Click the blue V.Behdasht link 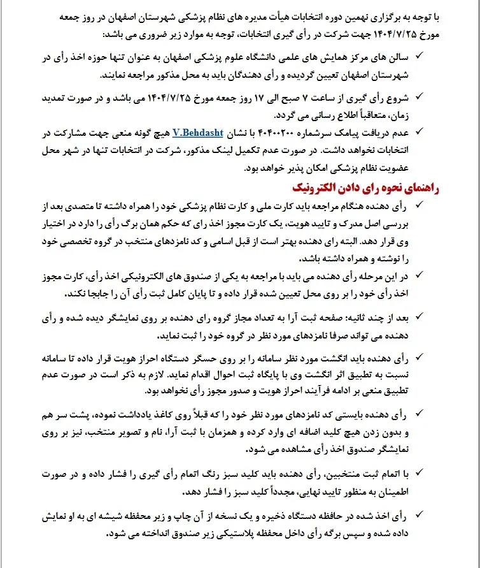pyautogui.click(x=197, y=133)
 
